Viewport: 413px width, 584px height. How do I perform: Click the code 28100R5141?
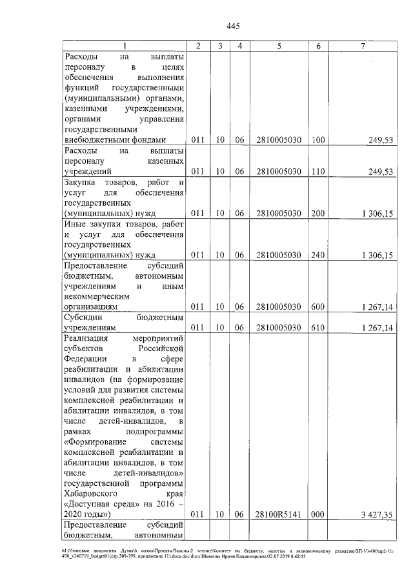click(x=278, y=514)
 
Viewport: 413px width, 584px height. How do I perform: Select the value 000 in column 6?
click(x=317, y=514)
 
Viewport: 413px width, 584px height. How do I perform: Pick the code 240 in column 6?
click(x=317, y=255)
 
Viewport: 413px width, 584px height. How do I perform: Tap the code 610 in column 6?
click(x=317, y=328)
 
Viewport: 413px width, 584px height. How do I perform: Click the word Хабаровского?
click(x=93, y=492)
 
